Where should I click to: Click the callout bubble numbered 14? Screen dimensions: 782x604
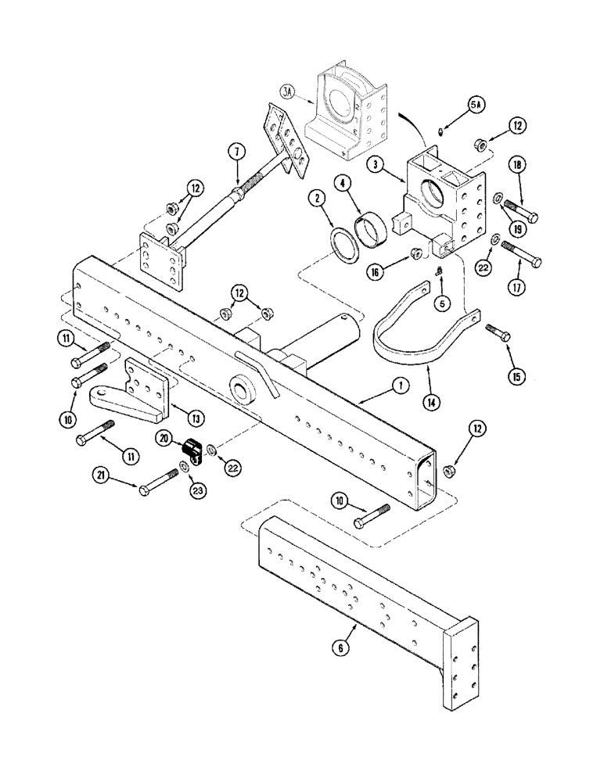coord(431,404)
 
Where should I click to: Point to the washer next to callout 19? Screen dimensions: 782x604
coord(498,197)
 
